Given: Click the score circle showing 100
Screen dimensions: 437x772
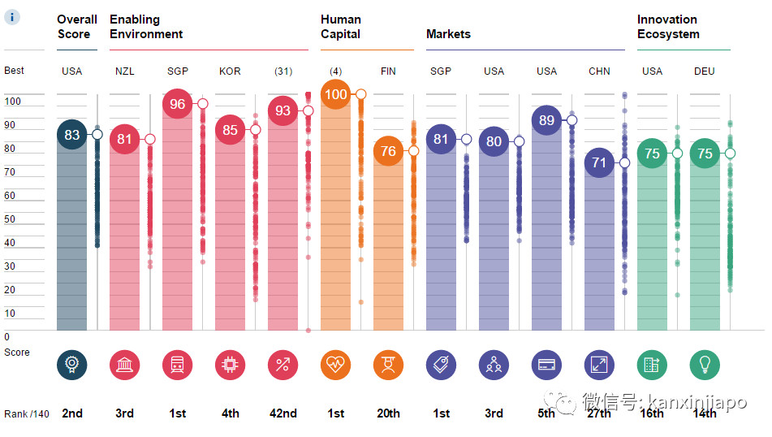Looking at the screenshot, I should pyautogui.click(x=335, y=95).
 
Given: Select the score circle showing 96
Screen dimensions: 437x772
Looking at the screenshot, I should pyautogui.click(x=177, y=104).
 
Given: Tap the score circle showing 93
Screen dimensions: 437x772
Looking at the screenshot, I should pyautogui.click(x=282, y=111).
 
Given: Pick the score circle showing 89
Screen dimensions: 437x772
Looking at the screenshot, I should pyautogui.click(x=546, y=120).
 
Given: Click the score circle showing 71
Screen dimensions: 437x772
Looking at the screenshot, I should pyautogui.click(x=599, y=162).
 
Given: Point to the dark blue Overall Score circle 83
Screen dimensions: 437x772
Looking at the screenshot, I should pyautogui.click(x=71, y=135).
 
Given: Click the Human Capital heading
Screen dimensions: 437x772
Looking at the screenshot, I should pyautogui.click(x=340, y=27).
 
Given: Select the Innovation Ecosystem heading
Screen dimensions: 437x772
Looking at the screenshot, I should pyautogui.click(x=666, y=27).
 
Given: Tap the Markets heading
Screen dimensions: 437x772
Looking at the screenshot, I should pyautogui.click(x=448, y=34).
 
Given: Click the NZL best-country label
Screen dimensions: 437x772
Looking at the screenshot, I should pyautogui.click(x=124, y=71).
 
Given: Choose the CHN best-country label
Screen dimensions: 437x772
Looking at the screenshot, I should pyautogui.click(x=599, y=71).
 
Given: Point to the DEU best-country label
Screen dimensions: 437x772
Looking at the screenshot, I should pyautogui.click(x=705, y=71).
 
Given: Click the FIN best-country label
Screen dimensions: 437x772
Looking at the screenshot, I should pyautogui.click(x=388, y=71).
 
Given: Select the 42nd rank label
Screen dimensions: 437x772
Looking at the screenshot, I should pyautogui.click(x=282, y=413).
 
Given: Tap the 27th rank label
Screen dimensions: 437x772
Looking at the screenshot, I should pyautogui.click(x=599, y=413).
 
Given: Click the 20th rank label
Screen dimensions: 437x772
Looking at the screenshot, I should pyautogui.click(x=388, y=413).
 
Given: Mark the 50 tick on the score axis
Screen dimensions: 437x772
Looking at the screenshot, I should pyautogui.click(x=11, y=219).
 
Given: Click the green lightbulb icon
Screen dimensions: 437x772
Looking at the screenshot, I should pyautogui.click(x=705, y=365).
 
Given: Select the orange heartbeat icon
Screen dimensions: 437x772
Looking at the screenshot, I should pyautogui.click(x=335, y=365).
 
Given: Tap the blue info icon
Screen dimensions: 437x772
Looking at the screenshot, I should pyautogui.click(x=13, y=17).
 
